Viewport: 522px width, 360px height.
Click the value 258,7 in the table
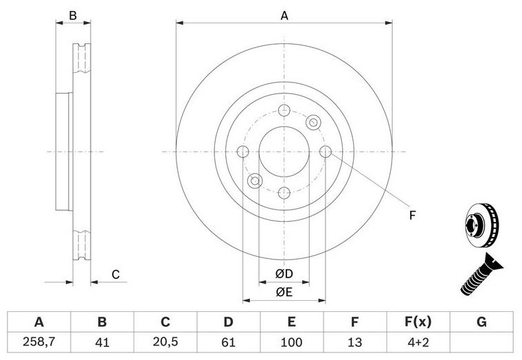(38, 342)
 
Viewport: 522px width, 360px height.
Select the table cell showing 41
(102, 342)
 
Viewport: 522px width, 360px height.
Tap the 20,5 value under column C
(166, 342)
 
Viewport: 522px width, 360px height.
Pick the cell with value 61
(228, 342)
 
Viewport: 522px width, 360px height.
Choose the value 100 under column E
(292, 342)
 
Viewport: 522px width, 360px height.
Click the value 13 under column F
(355, 342)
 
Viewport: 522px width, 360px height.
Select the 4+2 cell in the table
(418, 342)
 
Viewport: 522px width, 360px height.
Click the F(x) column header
(418, 322)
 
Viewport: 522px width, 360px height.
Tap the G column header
(481, 322)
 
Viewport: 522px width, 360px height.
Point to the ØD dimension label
(284, 273)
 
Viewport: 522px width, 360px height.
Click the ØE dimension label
(284, 292)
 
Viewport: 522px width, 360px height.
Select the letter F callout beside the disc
(413, 216)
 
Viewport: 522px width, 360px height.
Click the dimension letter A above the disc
(284, 15)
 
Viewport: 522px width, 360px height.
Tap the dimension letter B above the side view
(73, 15)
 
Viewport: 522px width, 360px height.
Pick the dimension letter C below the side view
(115, 274)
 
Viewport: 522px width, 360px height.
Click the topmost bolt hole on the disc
(284, 110)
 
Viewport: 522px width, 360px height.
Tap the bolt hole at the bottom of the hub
(284, 192)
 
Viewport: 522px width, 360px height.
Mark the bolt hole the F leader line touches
(326, 152)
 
